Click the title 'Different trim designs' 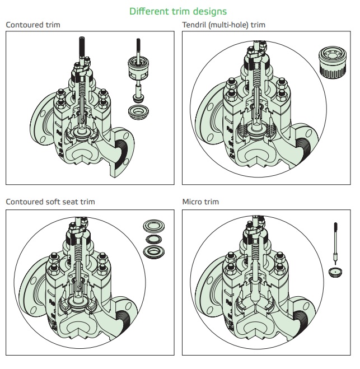tap(178, 11)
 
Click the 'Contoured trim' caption tap(32, 25)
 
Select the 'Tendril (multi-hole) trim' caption tap(223, 25)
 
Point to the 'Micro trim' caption tap(200, 201)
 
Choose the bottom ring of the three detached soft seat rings tap(152, 250)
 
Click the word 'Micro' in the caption tap(191, 201)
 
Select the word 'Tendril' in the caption tap(194, 25)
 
